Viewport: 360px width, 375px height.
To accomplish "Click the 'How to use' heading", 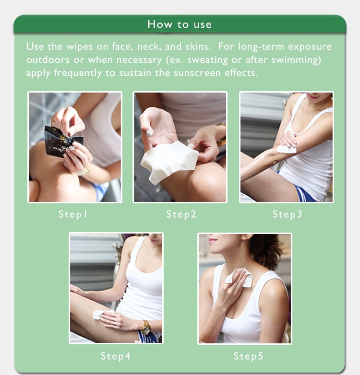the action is (180, 24).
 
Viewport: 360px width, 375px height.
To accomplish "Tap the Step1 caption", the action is (73, 214).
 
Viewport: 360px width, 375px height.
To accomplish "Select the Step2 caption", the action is (181, 214).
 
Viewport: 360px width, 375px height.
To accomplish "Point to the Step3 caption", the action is (287, 214).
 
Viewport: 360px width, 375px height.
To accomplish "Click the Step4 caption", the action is (116, 356).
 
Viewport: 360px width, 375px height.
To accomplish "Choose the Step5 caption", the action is (249, 356).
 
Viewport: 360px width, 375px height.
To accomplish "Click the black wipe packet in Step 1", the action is (63, 141).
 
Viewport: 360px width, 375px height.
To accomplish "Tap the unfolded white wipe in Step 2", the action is (169, 162).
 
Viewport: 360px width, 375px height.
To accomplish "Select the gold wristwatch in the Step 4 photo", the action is (146, 327).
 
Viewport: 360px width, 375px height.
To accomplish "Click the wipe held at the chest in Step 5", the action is (240, 278).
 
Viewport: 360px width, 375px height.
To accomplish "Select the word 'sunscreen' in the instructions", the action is (197, 73).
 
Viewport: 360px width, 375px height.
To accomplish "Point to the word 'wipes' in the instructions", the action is (80, 47).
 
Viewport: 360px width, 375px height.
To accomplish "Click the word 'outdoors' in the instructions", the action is (48, 59).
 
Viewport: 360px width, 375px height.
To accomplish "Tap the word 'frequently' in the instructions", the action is (78, 73).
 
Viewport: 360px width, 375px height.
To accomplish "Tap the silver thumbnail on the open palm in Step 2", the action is (150, 133).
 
